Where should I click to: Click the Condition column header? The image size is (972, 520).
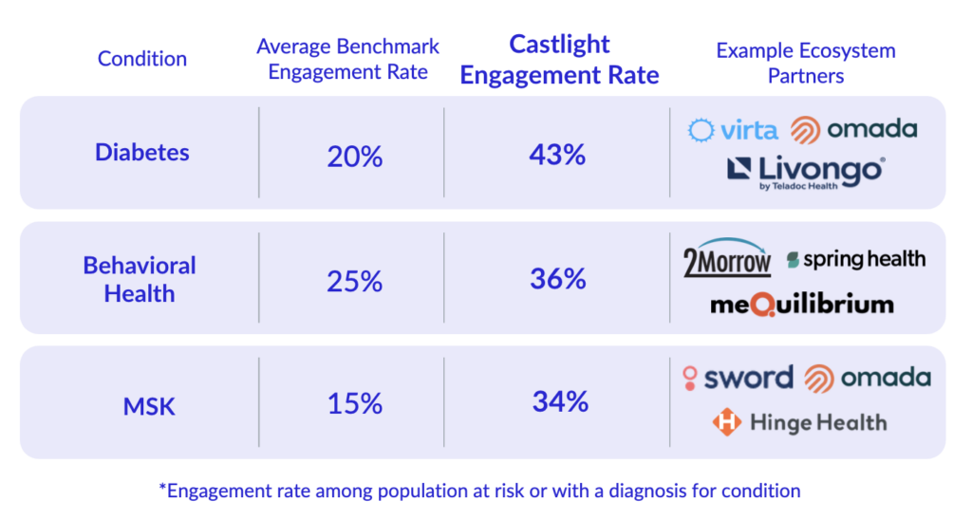point(142,59)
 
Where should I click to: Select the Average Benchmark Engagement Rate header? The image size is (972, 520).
point(348,59)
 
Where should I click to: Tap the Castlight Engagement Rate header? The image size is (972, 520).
point(559,60)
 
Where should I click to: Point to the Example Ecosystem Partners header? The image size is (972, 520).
point(806,63)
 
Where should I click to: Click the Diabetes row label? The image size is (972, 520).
point(142,152)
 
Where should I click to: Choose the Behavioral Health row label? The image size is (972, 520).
point(140,279)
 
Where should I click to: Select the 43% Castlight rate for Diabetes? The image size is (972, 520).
point(557,154)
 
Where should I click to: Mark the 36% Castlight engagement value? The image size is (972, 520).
point(558,279)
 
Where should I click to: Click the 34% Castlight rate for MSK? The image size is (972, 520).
point(560,401)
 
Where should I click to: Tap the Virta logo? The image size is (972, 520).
point(733,130)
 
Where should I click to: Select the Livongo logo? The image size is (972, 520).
point(806,173)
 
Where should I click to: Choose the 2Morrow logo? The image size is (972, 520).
point(728,258)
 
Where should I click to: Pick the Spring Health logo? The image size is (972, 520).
point(855,258)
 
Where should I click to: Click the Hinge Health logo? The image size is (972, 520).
point(799,421)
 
